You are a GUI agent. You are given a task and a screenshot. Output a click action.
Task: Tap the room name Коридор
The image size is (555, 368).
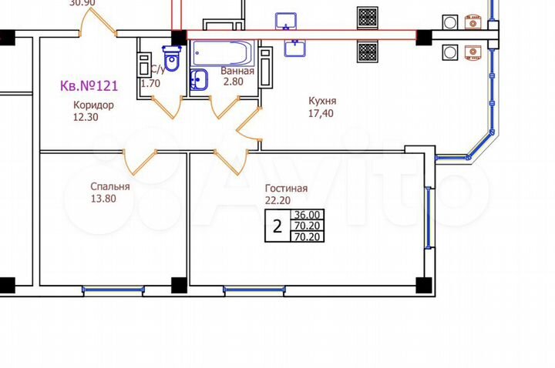pos(93,105)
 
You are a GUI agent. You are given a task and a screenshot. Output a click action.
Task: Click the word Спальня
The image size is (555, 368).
pos(110,186)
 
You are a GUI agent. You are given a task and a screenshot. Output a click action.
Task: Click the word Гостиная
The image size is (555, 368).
pos(286,189)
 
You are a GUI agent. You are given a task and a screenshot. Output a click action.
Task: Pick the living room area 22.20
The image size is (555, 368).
pos(280,201)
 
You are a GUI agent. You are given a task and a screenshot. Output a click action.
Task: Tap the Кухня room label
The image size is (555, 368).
pos(321,101)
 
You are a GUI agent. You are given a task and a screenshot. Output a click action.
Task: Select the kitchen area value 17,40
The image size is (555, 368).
pos(321,113)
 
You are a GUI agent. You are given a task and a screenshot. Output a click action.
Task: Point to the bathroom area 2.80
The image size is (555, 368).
pos(232,82)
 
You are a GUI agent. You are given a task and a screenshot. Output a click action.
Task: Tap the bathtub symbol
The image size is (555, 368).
pos(220,55)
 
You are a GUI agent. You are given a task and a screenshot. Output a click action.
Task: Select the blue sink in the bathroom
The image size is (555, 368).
pos(198,79)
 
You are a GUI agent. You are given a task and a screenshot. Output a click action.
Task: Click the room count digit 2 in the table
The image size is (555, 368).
pos(277,226)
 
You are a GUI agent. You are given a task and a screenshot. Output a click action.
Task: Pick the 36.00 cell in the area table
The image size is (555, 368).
pos(307,215)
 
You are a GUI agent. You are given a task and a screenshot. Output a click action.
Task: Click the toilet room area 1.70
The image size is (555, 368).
pos(150,83)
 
